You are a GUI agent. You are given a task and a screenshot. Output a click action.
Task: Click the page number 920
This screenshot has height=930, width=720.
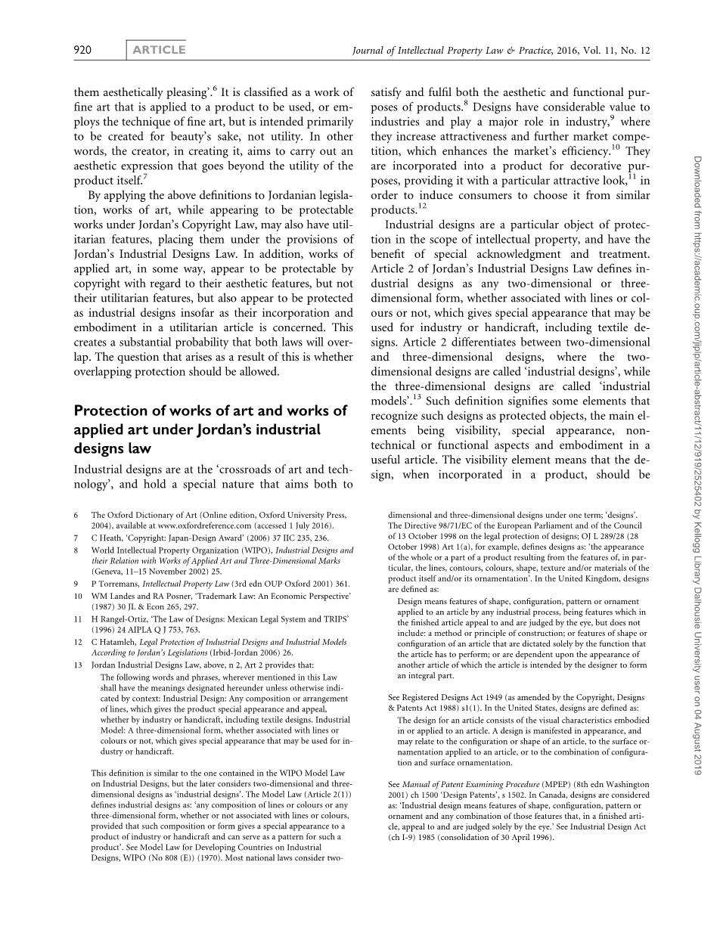[x=82, y=51]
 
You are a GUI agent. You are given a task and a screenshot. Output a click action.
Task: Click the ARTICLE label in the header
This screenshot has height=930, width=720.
[x=159, y=51]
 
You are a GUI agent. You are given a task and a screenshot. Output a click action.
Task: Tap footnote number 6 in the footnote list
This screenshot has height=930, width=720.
[x=76, y=515]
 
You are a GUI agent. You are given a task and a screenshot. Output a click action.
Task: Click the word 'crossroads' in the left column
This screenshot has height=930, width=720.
[x=241, y=470]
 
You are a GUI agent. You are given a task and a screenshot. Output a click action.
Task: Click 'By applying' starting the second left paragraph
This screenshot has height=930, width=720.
[x=116, y=195]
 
